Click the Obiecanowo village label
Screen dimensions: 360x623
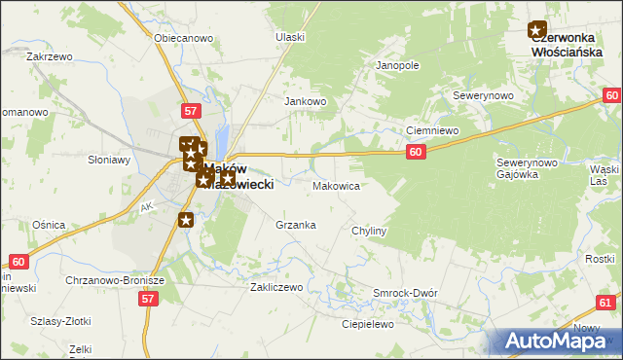point(183,38)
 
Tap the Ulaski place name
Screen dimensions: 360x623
point(290,37)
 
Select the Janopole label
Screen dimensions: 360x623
point(397,66)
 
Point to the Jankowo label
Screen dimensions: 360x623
point(304,100)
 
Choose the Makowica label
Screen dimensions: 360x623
point(337,185)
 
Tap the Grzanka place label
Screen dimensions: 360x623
point(296,225)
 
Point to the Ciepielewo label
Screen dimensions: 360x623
point(366,324)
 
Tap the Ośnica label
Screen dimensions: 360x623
point(48,225)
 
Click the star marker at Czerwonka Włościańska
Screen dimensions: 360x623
point(537,30)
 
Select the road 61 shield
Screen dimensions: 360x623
point(606,304)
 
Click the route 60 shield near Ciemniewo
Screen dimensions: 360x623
point(416,152)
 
